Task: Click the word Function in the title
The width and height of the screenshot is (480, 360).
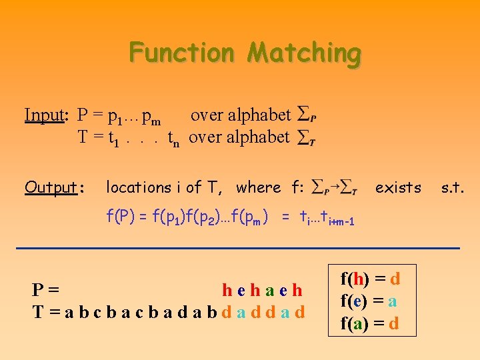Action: pyautogui.click(x=182, y=52)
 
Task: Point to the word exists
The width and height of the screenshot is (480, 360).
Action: pyautogui.click(x=398, y=188)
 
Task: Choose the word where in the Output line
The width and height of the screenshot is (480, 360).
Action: pyautogui.click(x=259, y=188)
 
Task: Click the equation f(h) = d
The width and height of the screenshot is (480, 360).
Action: pyautogui.click(x=370, y=278)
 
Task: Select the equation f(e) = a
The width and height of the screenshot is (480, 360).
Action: pyautogui.click(x=370, y=301)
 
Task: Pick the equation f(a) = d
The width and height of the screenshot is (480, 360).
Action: pyautogui.click(x=370, y=324)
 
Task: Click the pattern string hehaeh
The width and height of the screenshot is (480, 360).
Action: pyautogui.click(x=262, y=290)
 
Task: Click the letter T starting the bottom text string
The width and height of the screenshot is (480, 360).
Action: pyautogui.click(x=38, y=311)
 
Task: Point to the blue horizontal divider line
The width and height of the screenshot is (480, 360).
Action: pyautogui.click(x=240, y=248)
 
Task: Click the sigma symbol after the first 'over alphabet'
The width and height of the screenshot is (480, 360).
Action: pyautogui.click(x=306, y=115)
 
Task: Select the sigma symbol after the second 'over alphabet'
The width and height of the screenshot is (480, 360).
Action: pyautogui.click(x=306, y=138)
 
